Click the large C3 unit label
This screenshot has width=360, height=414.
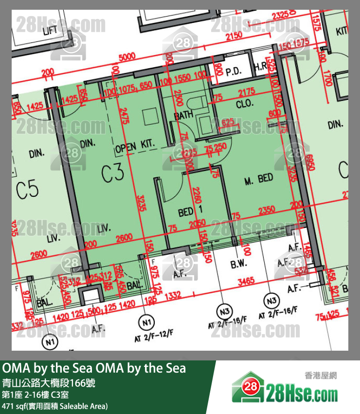112,173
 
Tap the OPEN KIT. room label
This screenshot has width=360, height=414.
135,145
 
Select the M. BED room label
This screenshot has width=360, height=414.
258,179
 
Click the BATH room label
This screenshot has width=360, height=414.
184,115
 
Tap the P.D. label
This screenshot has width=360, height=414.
234,72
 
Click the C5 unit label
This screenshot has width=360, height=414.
27,190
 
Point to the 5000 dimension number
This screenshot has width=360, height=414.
127,57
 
